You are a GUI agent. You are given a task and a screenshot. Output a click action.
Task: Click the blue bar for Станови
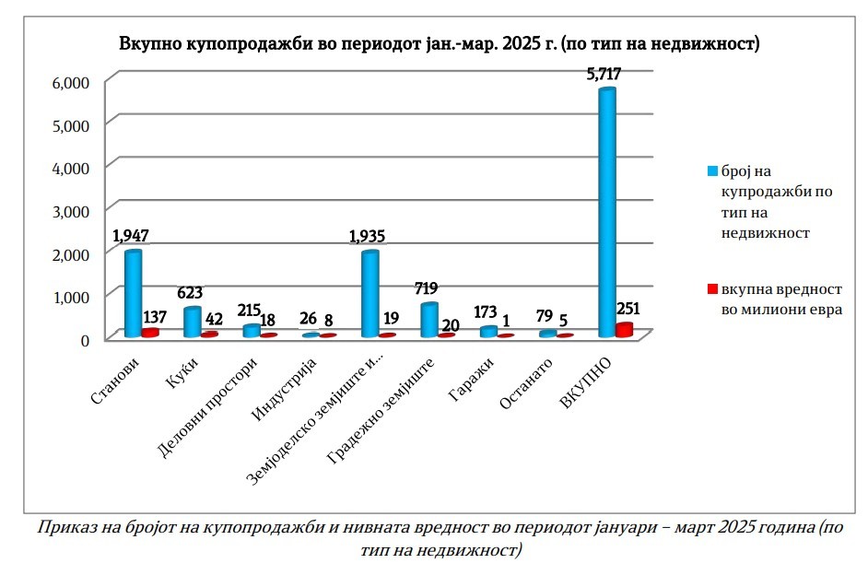click(x=133, y=293)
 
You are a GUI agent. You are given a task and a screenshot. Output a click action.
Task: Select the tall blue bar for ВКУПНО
click(x=606, y=212)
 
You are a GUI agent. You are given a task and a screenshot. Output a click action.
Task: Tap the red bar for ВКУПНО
click(x=625, y=330)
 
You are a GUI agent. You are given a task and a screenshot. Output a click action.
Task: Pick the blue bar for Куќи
click(x=192, y=322)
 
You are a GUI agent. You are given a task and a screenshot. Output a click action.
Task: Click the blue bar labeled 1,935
click(x=369, y=293)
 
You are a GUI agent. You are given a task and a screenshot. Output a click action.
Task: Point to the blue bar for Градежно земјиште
click(x=428, y=319)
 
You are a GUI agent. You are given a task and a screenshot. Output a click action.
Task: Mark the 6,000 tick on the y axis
click(x=70, y=82)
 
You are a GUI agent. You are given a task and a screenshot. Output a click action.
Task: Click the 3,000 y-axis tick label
click(x=70, y=210)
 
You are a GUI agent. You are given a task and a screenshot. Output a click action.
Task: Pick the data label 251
click(x=627, y=309)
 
